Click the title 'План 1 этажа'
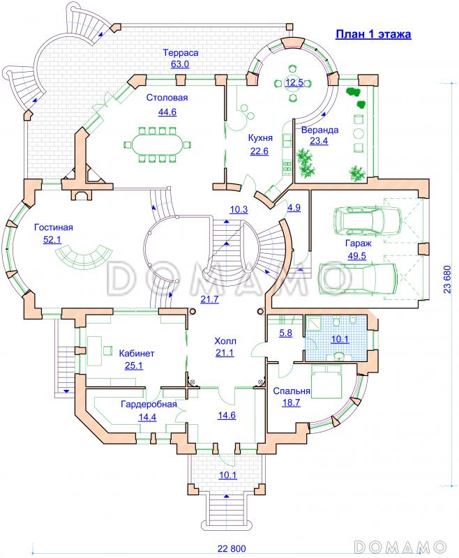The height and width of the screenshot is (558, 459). tap(373, 34)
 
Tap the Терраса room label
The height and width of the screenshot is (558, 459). tap(181, 53)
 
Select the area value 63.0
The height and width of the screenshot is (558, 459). tap(180, 64)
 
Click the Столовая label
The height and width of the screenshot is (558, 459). tap(167, 98)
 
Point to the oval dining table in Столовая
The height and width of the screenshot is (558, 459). tap(157, 145)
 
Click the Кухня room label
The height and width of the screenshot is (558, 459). tap(260, 137)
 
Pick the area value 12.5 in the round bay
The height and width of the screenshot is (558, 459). tap(294, 83)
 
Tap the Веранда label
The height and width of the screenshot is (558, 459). tap(319, 130)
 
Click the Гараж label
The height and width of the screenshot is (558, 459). tap(359, 243)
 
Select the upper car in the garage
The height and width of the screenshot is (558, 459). tap(367, 220)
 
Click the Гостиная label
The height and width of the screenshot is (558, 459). tap(54, 227)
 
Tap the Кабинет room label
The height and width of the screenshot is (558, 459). tap(137, 354)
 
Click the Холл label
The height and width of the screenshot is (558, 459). tap(225, 341)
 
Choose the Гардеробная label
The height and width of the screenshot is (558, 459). tap(149, 405)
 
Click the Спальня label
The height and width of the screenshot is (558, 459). tap(292, 391)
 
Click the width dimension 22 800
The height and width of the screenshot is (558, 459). tap(232, 548)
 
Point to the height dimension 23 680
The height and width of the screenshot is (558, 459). tap(447, 280)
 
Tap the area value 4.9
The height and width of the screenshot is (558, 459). tap(294, 207)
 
